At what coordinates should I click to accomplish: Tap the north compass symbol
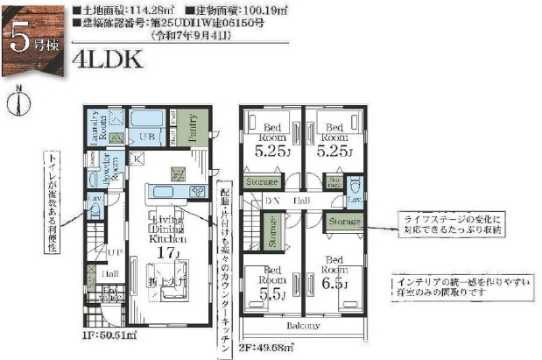18,101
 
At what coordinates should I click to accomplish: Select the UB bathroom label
147,137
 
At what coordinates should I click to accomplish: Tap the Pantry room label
196,128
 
